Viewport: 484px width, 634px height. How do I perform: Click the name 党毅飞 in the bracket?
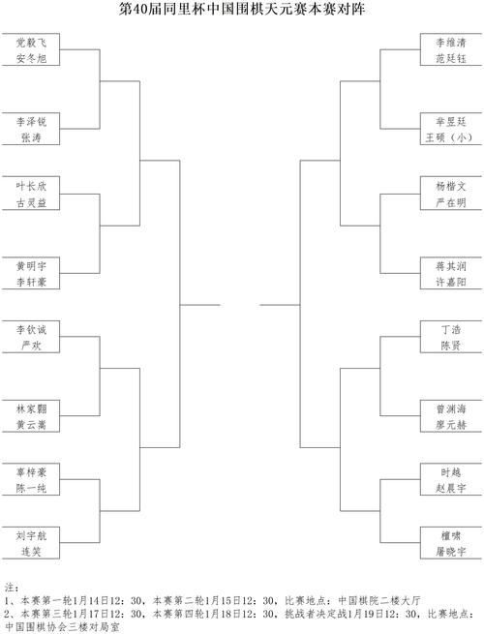coord(31,43)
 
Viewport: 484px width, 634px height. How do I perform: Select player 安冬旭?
coord(31,59)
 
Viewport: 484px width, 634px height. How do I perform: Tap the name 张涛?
coord(31,137)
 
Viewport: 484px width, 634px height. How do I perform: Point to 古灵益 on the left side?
coord(31,202)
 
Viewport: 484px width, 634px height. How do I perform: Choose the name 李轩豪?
coord(31,282)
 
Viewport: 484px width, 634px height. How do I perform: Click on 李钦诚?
coord(31,329)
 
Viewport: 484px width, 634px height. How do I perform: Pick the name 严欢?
coord(31,346)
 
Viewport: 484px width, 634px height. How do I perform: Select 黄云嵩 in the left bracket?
coord(31,425)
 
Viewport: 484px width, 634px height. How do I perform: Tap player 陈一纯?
coord(31,488)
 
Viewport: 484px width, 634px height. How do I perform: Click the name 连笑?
coord(31,552)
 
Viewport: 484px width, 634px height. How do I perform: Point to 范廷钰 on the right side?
coord(451,59)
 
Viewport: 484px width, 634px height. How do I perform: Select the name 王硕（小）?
coord(449,137)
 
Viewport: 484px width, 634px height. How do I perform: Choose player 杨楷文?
coord(451,186)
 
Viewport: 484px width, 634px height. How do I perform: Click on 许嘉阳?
coord(451,282)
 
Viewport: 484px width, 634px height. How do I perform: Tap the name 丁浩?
coord(451,329)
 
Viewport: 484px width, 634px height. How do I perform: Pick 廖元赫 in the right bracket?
coord(451,425)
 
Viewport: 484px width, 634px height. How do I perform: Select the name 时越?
coord(451,472)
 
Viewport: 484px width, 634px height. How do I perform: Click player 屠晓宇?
coord(451,552)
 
